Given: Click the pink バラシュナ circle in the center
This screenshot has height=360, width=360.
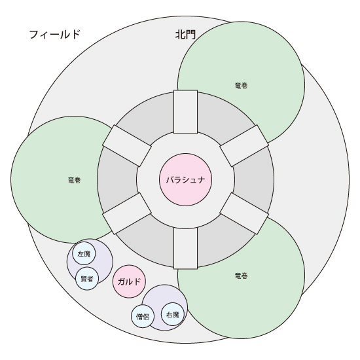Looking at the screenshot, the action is (185, 179).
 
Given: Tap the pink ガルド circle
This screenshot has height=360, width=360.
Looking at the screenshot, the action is (129, 281).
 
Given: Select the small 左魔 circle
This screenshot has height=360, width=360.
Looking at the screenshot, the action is (84, 254).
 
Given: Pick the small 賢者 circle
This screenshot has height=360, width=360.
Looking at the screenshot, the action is (87, 279).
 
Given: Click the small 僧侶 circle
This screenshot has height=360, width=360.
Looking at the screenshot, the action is (143, 316).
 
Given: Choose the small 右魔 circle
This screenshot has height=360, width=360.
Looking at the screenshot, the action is (173, 314).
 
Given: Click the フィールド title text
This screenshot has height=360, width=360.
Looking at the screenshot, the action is (54, 35).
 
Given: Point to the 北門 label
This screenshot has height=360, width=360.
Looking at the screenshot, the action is (185, 35).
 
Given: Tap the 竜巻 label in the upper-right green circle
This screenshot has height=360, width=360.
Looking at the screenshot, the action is (242, 86).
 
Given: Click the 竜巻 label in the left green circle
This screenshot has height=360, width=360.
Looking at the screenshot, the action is (75, 180).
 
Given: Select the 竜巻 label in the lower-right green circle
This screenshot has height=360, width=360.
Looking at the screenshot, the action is (242, 276).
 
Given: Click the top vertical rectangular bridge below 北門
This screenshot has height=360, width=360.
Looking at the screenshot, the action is (185, 112).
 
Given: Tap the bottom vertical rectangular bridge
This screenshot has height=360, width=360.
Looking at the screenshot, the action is (185, 248).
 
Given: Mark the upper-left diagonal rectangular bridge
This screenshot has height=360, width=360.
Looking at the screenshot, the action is (127, 146).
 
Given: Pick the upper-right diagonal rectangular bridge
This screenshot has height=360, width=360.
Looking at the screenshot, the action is (244, 146).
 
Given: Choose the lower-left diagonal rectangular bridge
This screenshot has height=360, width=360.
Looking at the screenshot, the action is (127, 213).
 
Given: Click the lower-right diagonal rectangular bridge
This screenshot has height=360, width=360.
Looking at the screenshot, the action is (244, 213).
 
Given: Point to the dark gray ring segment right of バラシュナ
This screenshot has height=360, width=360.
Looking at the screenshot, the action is (254, 179).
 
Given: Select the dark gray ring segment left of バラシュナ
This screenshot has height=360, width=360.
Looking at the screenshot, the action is (117, 179).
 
